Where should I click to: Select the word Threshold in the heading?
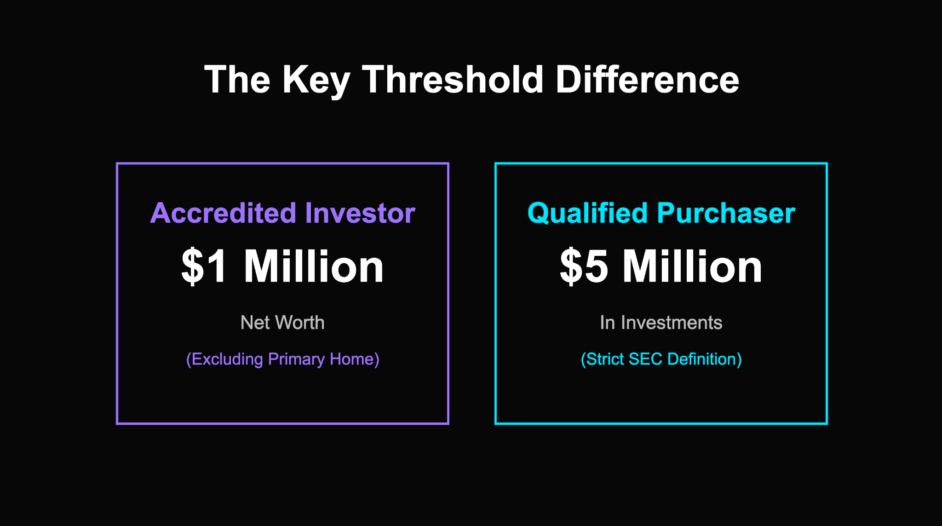coord(453,79)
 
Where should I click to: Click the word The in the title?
coord(237,79)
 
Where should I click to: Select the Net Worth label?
coord(282,323)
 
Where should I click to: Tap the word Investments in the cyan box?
coord(672,323)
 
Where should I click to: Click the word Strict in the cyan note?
coord(604,359)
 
